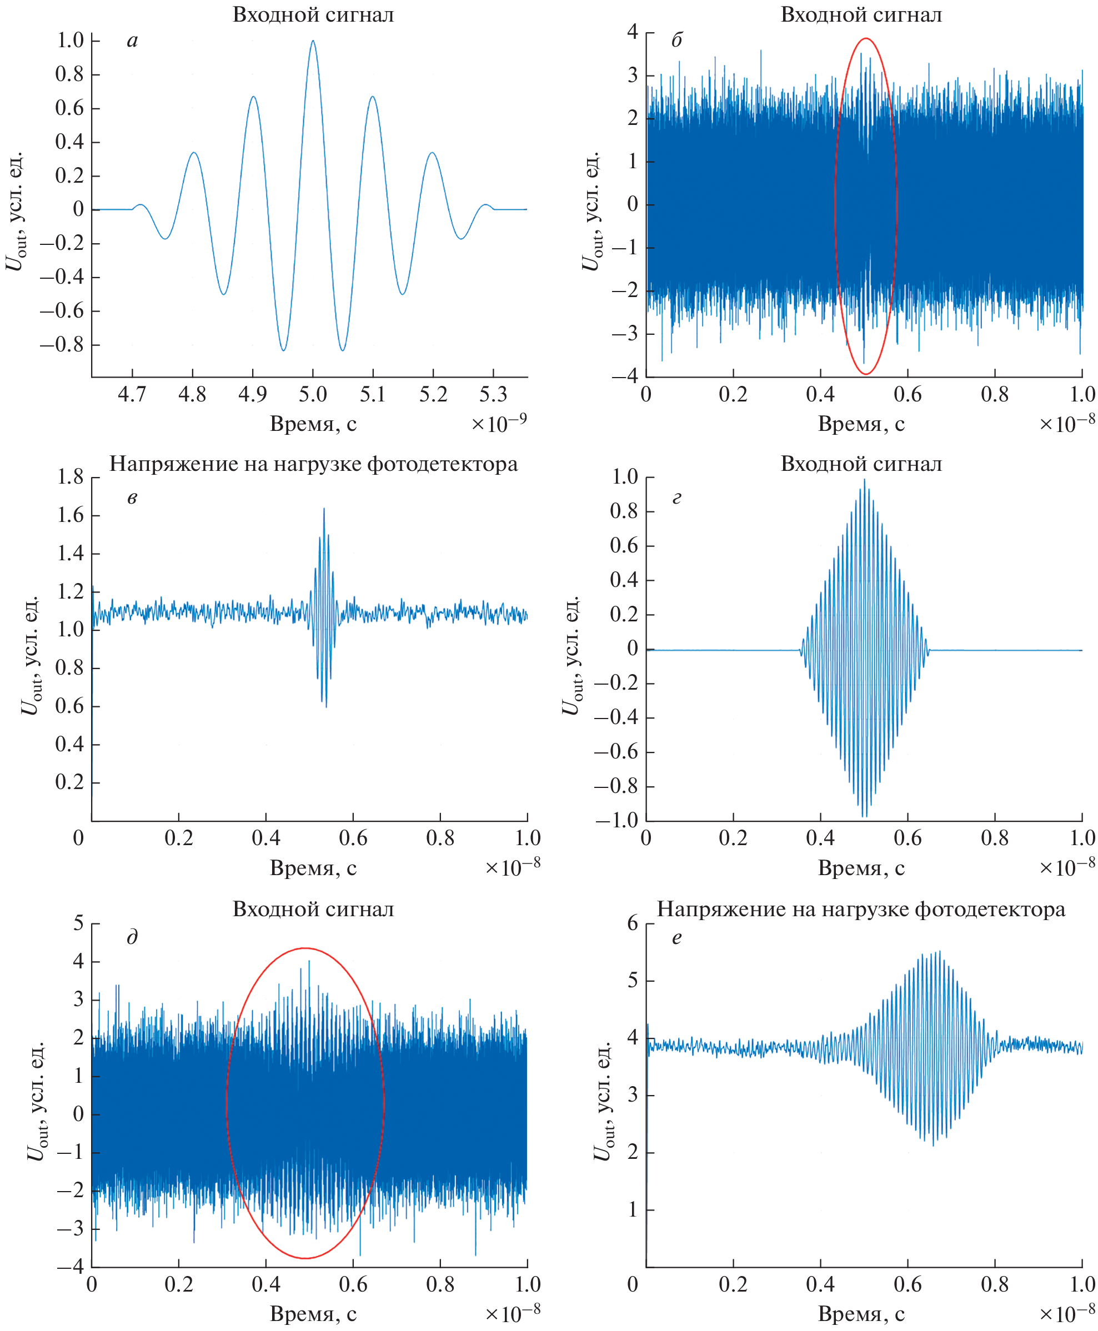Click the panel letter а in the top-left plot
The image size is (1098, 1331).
click(x=132, y=41)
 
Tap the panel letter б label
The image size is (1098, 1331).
click(x=677, y=41)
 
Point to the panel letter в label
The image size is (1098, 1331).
click(x=132, y=498)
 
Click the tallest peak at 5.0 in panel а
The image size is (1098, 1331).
click(x=313, y=42)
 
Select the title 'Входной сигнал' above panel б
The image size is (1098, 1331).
click(x=861, y=15)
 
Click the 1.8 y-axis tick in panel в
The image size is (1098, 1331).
click(x=70, y=478)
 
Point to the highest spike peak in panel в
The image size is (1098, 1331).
click(x=324, y=509)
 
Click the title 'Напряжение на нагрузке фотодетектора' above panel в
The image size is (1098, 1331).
click(x=313, y=464)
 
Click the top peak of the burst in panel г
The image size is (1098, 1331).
click(x=865, y=480)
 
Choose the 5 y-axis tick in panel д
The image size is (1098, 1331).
click(x=78, y=923)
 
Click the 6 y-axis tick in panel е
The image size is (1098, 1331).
click(x=633, y=923)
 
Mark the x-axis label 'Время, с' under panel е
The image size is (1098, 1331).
click(x=861, y=1313)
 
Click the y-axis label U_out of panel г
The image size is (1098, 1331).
click(x=570, y=655)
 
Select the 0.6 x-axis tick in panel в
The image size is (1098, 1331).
click(x=353, y=838)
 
